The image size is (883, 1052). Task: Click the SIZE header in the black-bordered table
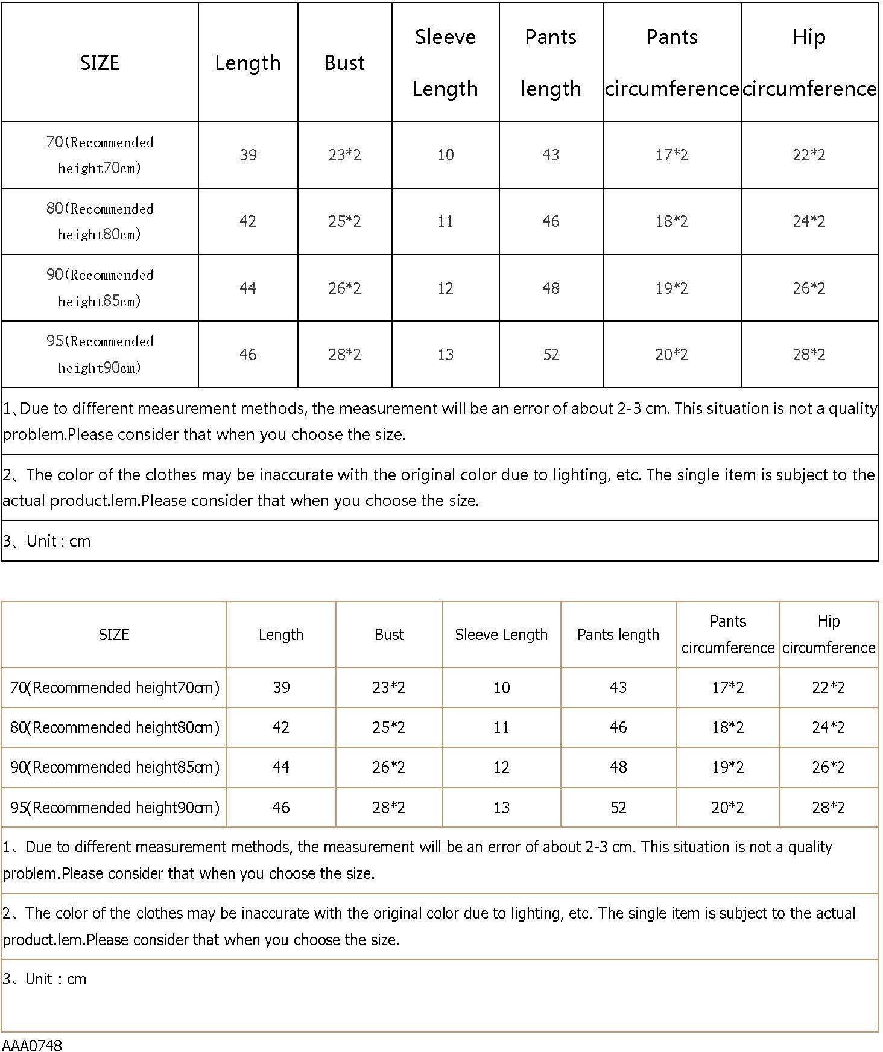click(x=100, y=63)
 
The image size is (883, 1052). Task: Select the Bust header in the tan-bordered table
click(x=388, y=635)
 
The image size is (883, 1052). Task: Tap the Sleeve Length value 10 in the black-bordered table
click(x=445, y=155)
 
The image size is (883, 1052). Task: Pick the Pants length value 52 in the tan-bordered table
click(x=618, y=808)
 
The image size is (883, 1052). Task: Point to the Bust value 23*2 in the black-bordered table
click(x=344, y=155)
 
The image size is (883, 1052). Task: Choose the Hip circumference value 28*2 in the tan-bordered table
click(x=828, y=808)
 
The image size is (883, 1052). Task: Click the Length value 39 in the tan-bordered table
click(x=281, y=688)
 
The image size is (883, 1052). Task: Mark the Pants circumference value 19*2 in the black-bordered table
click(x=671, y=288)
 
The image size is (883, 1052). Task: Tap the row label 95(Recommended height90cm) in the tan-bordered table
click(x=115, y=808)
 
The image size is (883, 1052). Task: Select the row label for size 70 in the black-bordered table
click(x=100, y=155)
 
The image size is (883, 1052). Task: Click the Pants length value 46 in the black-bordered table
click(x=550, y=221)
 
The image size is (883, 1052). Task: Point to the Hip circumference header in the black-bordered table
click(x=809, y=63)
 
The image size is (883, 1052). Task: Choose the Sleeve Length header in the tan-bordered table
click(x=501, y=635)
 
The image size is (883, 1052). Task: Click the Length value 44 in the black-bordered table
click(x=248, y=288)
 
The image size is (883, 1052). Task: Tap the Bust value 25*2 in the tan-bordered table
click(x=388, y=727)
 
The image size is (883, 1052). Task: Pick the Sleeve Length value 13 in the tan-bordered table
click(x=501, y=808)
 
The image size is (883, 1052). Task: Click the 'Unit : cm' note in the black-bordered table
click(x=47, y=541)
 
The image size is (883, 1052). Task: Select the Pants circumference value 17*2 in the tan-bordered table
click(x=727, y=688)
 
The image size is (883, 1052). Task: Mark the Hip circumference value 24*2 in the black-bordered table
click(x=809, y=221)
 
